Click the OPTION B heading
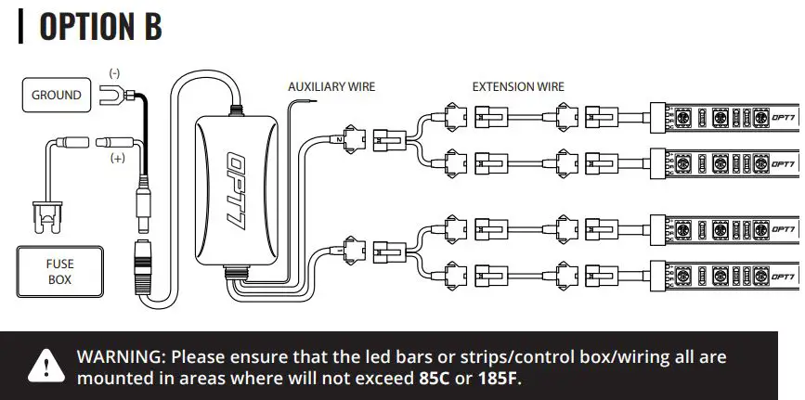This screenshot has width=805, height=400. [100, 27]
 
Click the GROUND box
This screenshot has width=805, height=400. [56, 95]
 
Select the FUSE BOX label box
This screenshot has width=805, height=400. [59, 271]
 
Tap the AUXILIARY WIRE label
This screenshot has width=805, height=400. [331, 86]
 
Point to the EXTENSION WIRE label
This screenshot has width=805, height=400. [517, 86]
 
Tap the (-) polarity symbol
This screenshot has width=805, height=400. [114, 72]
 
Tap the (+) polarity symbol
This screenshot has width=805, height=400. [118, 159]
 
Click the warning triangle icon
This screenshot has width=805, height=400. [42, 366]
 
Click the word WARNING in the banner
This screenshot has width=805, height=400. [121, 356]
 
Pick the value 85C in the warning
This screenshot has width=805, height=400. [434, 379]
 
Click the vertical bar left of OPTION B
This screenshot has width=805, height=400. [20, 27]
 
